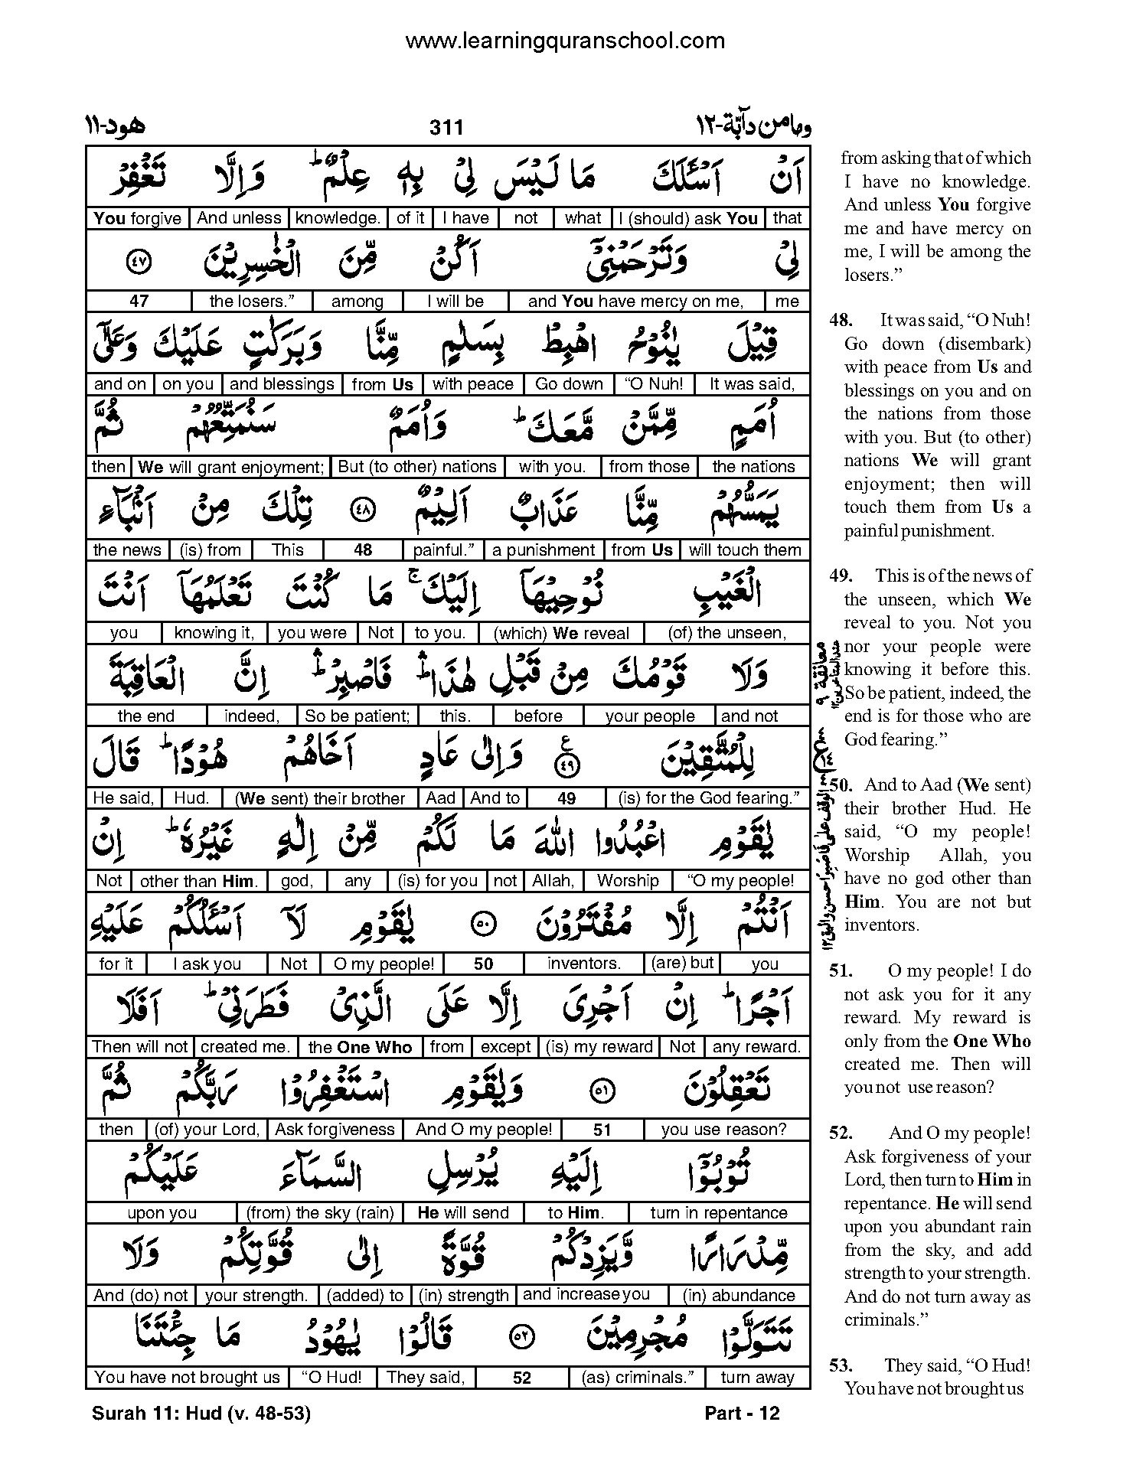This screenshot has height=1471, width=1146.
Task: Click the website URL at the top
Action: [x=565, y=41]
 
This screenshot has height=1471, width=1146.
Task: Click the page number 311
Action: [x=446, y=127]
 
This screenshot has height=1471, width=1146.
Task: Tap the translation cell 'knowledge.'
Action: [x=337, y=218]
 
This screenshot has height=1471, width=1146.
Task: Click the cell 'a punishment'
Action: [x=543, y=550]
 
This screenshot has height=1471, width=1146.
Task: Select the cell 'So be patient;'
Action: [x=347, y=716]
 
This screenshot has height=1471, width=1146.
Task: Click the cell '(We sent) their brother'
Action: [x=320, y=798]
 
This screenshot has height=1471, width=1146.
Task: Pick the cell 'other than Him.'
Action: [x=199, y=881]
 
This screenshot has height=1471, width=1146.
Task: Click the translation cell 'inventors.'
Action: [x=584, y=964]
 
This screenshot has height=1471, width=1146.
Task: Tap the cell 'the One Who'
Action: [x=360, y=1047]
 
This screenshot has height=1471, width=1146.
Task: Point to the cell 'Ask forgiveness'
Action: [x=335, y=1130]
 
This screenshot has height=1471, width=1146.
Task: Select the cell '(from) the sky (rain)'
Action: [x=320, y=1213]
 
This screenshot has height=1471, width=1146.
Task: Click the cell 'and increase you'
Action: [x=586, y=1295]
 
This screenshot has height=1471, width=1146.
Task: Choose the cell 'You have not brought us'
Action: [x=188, y=1378]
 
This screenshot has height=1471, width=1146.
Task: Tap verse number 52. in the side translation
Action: [x=841, y=1133]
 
